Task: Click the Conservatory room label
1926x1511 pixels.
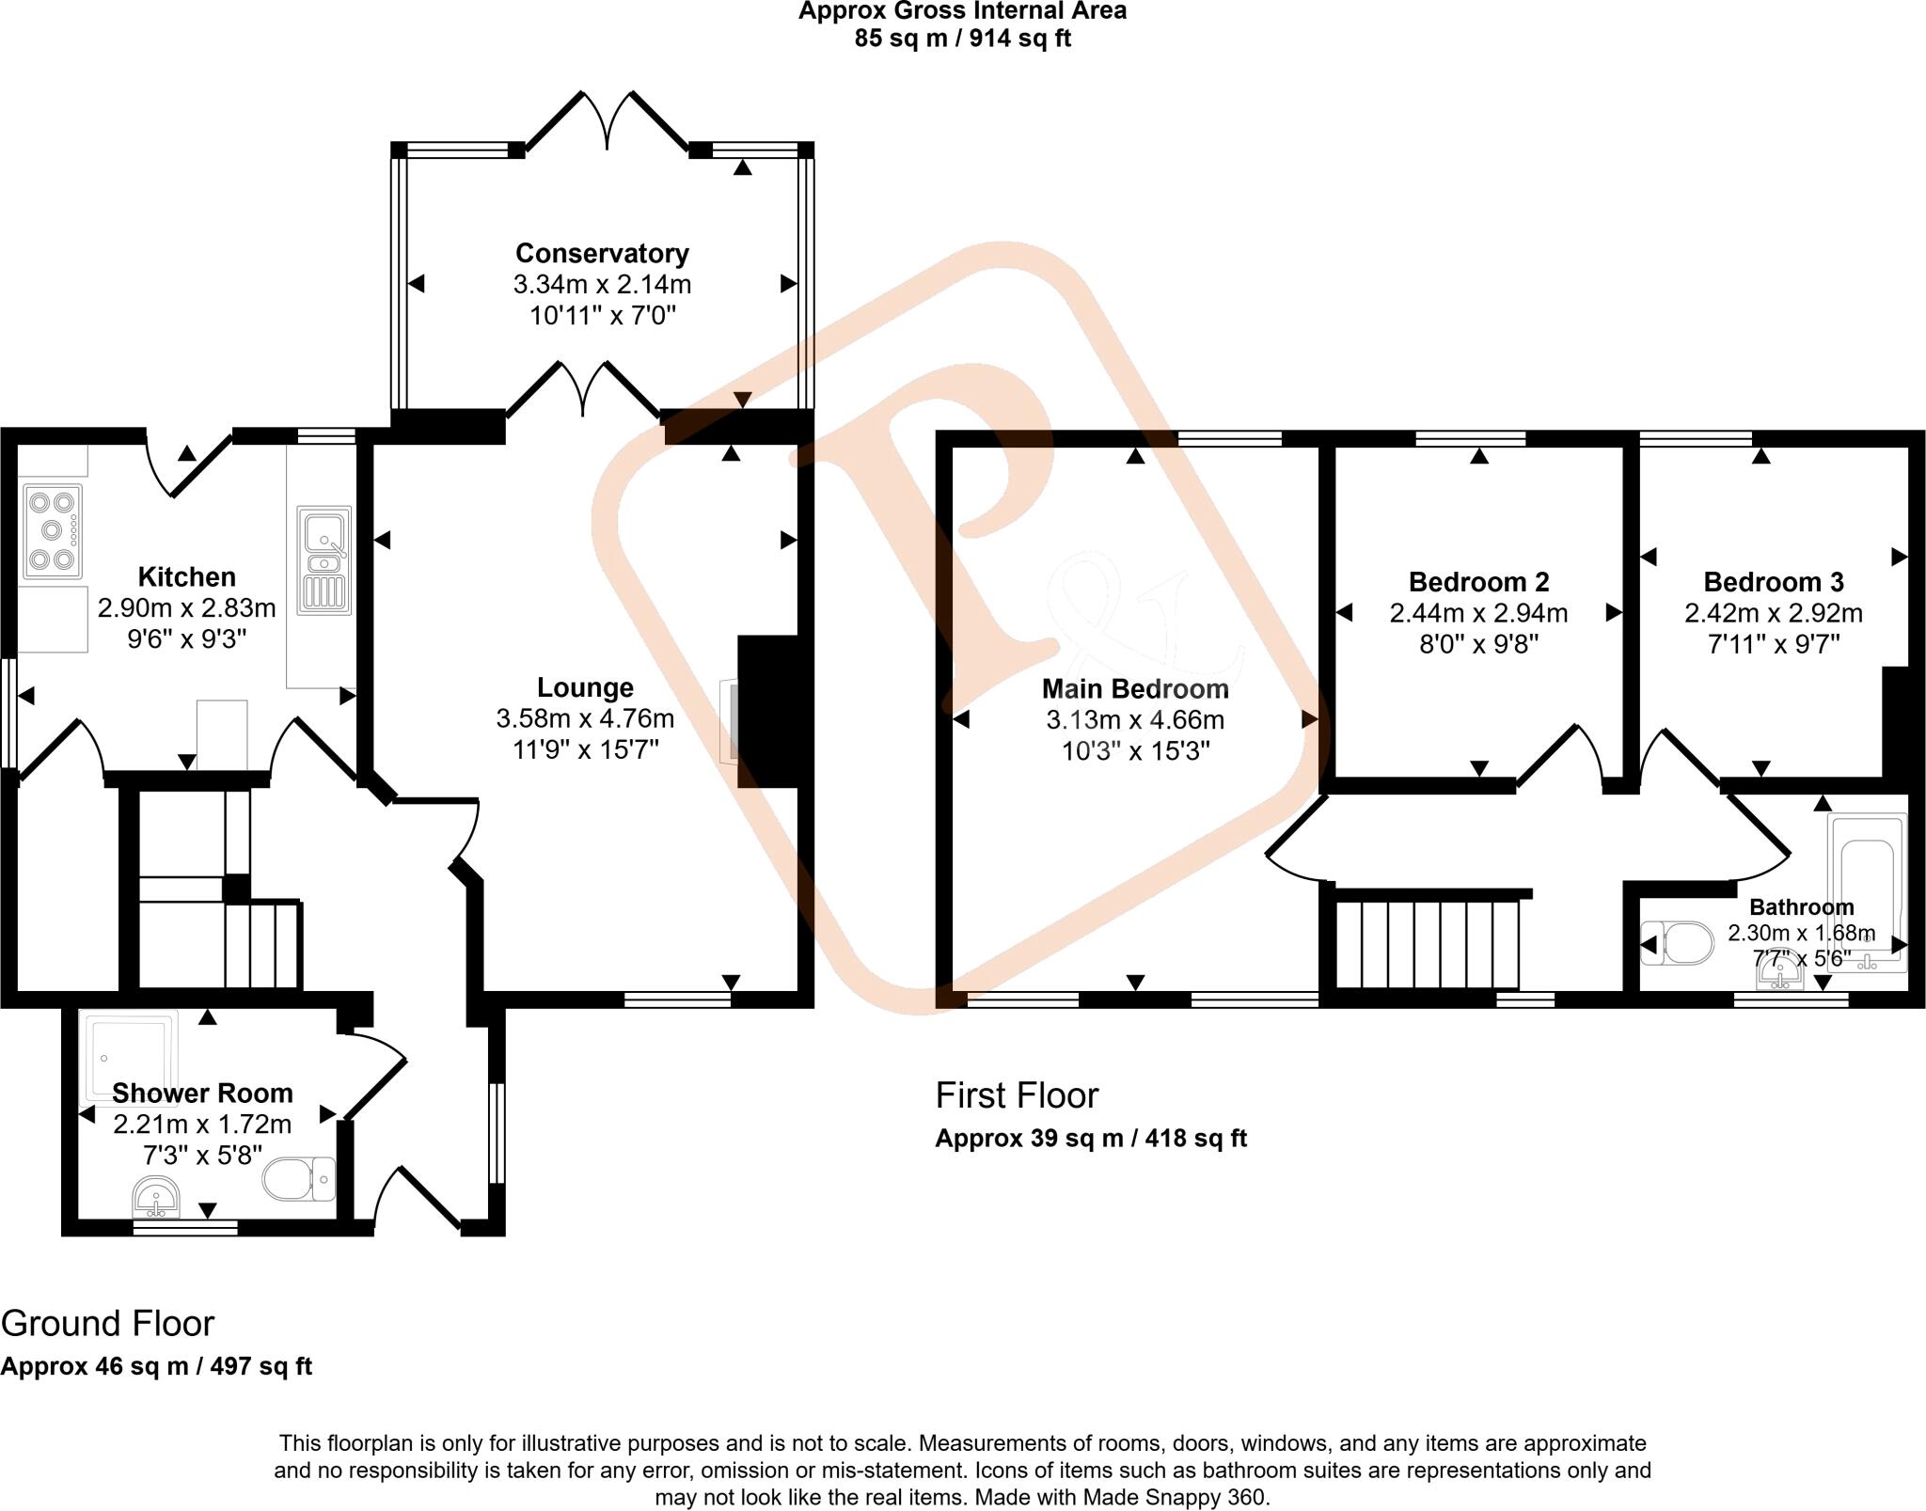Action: pos(602,253)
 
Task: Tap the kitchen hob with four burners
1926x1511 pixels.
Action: pos(52,530)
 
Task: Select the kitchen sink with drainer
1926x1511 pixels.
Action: pos(324,560)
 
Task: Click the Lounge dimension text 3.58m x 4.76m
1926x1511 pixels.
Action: pos(585,719)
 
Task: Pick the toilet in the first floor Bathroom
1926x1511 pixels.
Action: pos(1678,943)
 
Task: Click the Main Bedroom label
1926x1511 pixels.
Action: pos(1135,689)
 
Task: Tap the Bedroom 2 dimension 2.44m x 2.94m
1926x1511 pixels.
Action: pos(1478,614)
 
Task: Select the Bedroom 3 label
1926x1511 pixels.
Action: pos(1773,582)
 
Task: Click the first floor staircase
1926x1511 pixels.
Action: pos(1427,943)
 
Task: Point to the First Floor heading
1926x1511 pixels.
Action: pos(1017,1095)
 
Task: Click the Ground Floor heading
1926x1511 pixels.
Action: pos(107,1324)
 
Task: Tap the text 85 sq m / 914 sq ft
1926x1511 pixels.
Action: pos(962,39)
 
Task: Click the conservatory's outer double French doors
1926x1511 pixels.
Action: pos(608,122)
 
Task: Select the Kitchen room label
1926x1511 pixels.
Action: pos(186,576)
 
